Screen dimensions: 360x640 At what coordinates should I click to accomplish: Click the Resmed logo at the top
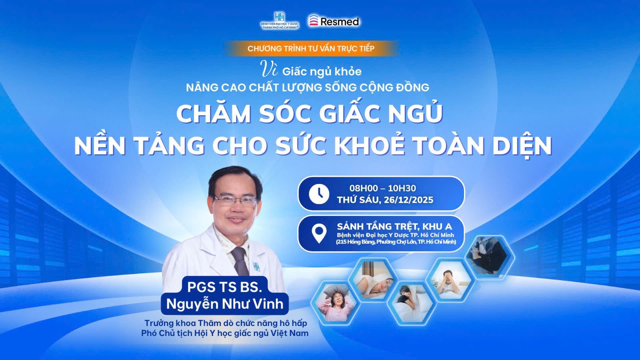point(334,21)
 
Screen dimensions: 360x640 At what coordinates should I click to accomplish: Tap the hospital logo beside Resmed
point(280,20)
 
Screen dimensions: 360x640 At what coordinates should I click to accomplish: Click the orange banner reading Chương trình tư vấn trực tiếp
point(311,48)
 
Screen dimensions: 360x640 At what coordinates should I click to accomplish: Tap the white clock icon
point(319,194)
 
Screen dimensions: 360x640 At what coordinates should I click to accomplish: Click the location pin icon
point(319,234)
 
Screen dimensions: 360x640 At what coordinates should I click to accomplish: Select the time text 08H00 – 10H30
point(382,188)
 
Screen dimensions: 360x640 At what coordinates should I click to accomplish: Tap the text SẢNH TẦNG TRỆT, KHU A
point(394,226)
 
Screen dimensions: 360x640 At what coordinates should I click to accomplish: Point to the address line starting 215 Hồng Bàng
point(396,242)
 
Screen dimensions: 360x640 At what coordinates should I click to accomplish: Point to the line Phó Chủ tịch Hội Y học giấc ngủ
point(224,333)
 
